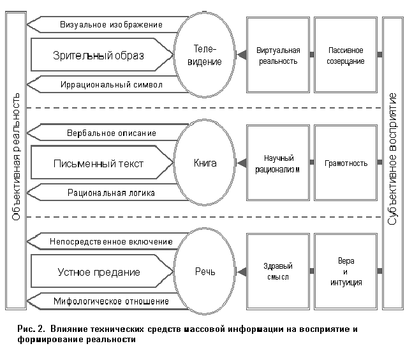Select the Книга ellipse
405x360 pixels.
[x=205, y=163]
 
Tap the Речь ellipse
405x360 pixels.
[x=205, y=271]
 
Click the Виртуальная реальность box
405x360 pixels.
[x=276, y=56]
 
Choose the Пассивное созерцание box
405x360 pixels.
[x=346, y=56]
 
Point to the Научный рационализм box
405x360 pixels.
[x=276, y=163]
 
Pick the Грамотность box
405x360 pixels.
[x=346, y=163]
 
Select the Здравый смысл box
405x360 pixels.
[x=276, y=271]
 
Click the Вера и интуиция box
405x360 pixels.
[x=346, y=271]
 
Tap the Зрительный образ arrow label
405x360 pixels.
[x=98, y=55]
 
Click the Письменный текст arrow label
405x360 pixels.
[x=98, y=163]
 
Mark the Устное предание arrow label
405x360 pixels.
[x=98, y=272]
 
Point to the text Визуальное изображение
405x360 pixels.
[x=111, y=25]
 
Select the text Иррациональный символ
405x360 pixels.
[x=111, y=84]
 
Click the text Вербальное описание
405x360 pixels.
[x=111, y=133]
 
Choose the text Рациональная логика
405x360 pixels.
[x=111, y=192]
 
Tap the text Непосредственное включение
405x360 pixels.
[x=111, y=242]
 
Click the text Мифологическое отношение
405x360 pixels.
[x=111, y=301]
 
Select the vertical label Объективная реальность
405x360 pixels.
[x=16, y=163]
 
